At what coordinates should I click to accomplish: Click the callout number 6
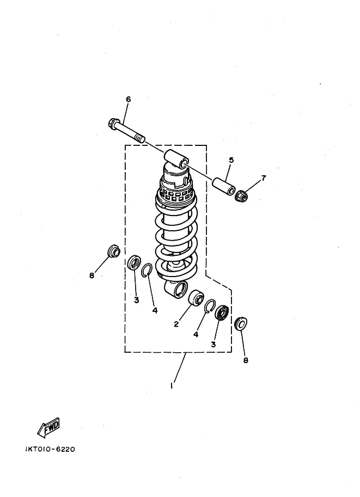point(128,99)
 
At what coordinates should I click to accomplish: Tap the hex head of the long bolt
point(113,122)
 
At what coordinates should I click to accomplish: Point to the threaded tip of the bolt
point(141,138)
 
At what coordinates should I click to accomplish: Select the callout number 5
point(231,160)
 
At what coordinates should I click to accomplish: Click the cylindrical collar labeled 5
point(224,187)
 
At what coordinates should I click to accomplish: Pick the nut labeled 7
point(241,195)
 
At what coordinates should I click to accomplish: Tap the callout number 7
point(263,178)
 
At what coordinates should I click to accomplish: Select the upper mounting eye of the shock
point(175,159)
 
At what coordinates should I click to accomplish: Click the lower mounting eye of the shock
point(176,289)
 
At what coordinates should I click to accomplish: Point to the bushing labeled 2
point(196,298)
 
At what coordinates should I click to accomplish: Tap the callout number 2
point(176,324)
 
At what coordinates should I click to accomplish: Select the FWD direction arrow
point(48,428)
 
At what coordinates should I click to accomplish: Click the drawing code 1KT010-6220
point(50,449)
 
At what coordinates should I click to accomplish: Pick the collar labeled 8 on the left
point(114,251)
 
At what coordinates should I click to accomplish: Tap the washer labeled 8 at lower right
point(241,323)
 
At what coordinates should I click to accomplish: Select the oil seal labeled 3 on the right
point(222,313)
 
